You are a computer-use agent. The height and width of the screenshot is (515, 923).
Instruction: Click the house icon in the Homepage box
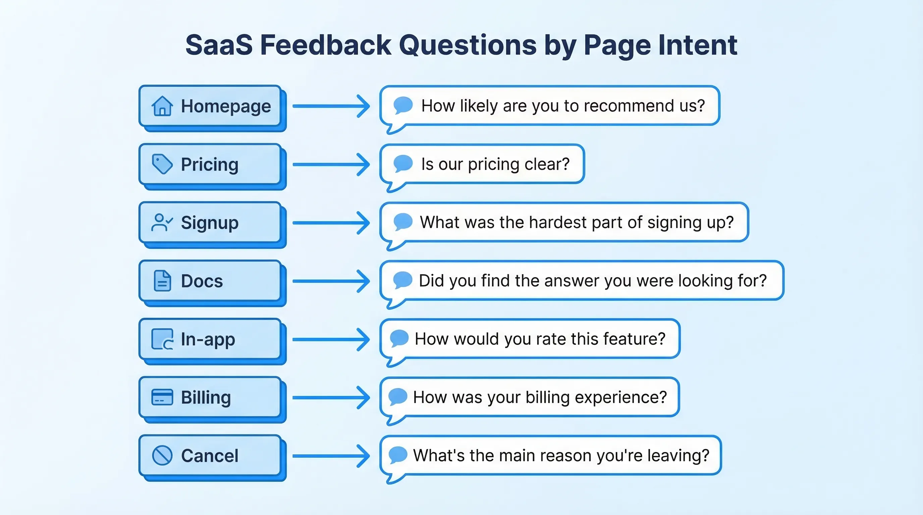[162, 106]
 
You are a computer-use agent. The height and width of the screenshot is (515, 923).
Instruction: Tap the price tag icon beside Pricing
[162, 164]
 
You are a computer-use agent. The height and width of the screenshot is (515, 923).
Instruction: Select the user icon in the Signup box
[162, 222]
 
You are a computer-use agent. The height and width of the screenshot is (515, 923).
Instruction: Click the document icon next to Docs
[162, 281]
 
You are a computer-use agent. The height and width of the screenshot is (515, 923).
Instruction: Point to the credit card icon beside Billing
[162, 397]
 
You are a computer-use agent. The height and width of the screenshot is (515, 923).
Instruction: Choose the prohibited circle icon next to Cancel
[162, 456]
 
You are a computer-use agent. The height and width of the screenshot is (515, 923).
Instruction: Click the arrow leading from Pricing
[331, 164]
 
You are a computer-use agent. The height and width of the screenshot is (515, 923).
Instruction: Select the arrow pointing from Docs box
[331, 281]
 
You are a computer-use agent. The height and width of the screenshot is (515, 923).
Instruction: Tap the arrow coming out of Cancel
[331, 456]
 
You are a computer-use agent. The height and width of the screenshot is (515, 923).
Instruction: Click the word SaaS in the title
[219, 45]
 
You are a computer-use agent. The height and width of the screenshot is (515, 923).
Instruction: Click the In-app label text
[208, 339]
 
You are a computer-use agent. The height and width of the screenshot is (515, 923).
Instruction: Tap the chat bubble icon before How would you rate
[399, 338]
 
